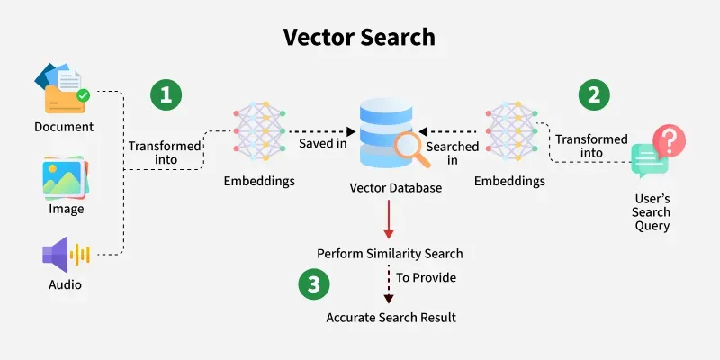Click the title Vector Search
pos(359,37)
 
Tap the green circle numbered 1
pos(165,94)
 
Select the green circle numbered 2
pos(594,94)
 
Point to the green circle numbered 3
pos(313,285)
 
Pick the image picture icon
pos(66,176)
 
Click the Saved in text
pos(324,144)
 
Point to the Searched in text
pos(446,152)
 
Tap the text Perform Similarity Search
pos(390,253)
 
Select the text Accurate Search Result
pos(390,318)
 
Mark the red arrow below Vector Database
pos(388,219)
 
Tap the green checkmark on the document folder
pos(83,94)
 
